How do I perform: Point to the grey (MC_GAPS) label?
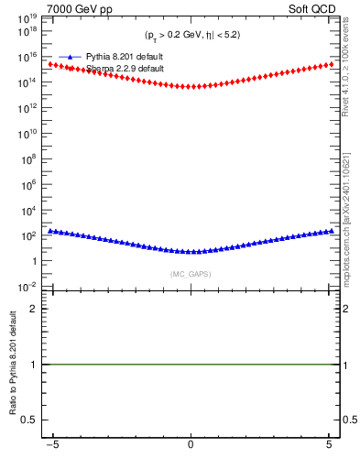190,274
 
